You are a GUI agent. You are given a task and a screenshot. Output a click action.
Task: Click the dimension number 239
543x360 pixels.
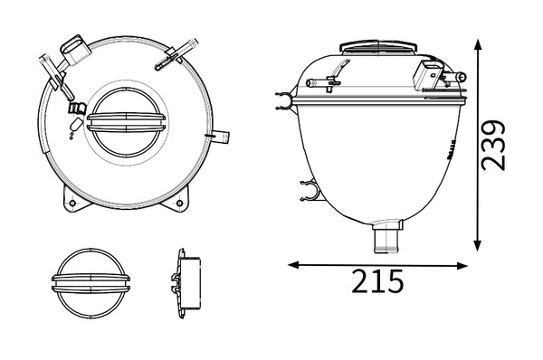[x=494, y=146]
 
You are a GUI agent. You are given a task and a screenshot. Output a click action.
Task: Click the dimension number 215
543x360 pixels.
[x=377, y=281]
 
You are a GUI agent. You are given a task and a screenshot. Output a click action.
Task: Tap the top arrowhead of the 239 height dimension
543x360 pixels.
[x=478, y=45]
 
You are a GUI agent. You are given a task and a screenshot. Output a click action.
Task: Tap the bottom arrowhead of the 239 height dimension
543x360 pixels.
[x=478, y=245]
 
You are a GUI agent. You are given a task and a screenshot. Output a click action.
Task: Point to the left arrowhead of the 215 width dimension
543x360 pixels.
[x=294, y=265]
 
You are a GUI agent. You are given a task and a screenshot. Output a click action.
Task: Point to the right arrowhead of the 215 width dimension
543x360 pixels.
[x=462, y=266]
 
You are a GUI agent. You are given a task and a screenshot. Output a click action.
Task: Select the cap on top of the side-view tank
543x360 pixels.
[x=378, y=47]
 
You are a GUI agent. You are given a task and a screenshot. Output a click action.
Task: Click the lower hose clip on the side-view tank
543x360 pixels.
[x=309, y=191]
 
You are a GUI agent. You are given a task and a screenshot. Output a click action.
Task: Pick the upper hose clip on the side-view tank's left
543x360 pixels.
[x=285, y=100]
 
